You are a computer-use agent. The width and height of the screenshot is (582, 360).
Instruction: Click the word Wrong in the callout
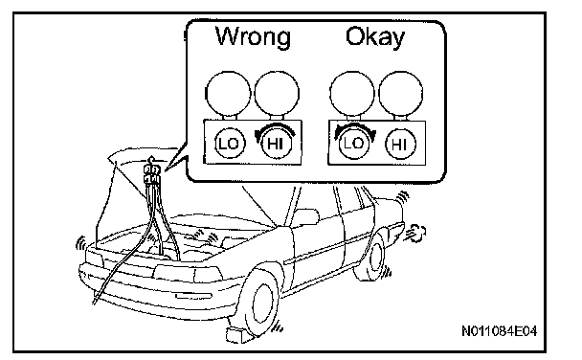tap(253, 36)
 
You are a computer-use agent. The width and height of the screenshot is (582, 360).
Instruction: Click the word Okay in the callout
tap(375, 37)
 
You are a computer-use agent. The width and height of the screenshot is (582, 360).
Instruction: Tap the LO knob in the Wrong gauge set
tap(230, 144)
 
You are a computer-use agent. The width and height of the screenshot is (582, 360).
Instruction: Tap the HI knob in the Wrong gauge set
tap(276, 144)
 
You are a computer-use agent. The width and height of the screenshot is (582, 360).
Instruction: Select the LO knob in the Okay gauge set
tap(354, 144)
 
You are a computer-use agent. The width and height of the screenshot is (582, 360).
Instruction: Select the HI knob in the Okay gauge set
tap(400, 144)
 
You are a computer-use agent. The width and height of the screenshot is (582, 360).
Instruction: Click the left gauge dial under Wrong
tap(228, 94)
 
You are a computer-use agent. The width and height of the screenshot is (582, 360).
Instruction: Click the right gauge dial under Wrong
tap(277, 94)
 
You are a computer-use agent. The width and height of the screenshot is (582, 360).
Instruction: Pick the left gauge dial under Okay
tap(352, 94)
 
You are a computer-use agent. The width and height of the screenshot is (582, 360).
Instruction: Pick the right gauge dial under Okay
tap(401, 94)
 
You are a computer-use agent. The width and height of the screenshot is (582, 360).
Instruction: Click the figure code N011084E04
tap(500, 330)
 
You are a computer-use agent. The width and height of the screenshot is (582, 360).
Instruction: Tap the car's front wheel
tap(261, 302)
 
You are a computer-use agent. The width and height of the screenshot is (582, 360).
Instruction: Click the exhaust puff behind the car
tap(415, 234)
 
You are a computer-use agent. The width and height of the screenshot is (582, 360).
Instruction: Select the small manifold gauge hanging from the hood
tap(152, 173)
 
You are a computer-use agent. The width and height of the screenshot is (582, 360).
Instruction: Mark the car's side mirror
tap(306, 216)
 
